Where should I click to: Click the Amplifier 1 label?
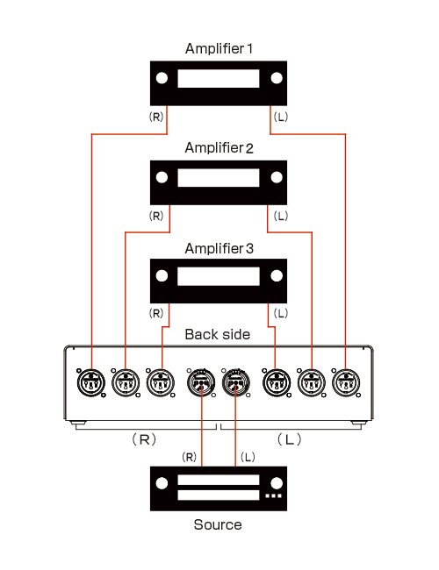coord(219,48)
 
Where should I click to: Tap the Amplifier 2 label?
coord(219,147)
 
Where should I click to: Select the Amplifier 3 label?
coord(219,248)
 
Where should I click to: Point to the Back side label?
coord(218,334)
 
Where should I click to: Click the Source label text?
coord(218,524)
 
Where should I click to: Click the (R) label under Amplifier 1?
coord(156,117)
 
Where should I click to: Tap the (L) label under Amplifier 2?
coord(281,216)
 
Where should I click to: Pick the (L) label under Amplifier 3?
coord(281,313)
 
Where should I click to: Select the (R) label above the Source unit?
coord(190,457)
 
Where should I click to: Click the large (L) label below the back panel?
coord(290,439)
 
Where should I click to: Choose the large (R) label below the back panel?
coord(144,439)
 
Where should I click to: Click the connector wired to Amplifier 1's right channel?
coord(91,383)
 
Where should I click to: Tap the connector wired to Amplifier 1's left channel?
coord(346,383)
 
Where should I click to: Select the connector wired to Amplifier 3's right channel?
coord(161,383)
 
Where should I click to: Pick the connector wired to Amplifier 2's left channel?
coord(312,383)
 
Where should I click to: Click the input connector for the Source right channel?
coord(201,383)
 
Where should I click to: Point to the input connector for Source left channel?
coord(236,383)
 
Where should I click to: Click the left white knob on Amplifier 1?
coord(162,78)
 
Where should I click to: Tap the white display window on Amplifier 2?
coord(219,177)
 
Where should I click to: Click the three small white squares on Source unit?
coord(273,495)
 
